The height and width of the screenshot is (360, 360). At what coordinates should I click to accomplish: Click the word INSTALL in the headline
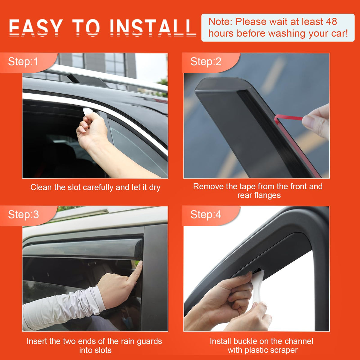tap(153, 28)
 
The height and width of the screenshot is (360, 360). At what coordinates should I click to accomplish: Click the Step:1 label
tap(23, 61)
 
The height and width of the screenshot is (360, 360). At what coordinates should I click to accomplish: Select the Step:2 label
tap(206, 61)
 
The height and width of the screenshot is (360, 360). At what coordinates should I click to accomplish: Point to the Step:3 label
tap(23, 214)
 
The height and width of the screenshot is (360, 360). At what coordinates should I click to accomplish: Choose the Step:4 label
tap(206, 214)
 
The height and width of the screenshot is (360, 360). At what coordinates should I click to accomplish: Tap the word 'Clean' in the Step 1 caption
tap(41, 187)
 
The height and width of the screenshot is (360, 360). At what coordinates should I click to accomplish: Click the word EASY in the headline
tap(36, 28)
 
